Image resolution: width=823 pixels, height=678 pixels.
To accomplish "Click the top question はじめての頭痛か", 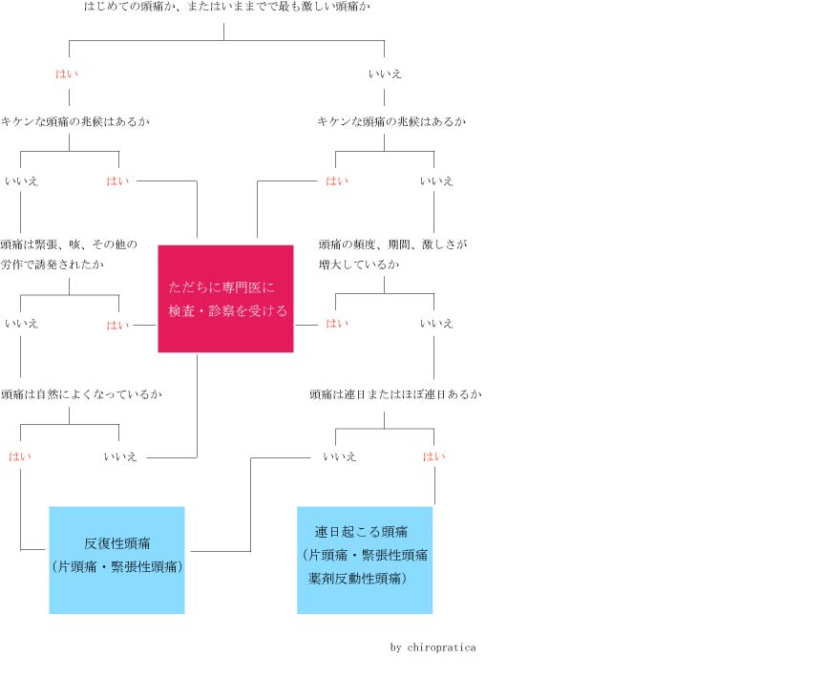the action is (x=227, y=7).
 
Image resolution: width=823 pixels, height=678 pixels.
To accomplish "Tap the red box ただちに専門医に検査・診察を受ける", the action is (x=225, y=299).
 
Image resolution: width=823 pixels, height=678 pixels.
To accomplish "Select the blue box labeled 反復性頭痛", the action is (x=116, y=560).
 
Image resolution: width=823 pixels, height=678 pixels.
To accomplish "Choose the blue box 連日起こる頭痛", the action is (x=365, y=560).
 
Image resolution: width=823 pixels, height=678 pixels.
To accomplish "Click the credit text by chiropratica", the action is (x=433, y=647).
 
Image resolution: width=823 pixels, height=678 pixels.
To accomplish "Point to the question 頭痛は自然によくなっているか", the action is (x=81, y=394).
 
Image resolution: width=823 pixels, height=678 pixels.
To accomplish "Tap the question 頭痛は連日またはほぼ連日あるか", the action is (x=396, y=394).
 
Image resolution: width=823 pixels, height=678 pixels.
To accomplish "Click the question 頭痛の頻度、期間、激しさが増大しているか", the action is (x=392, y=254).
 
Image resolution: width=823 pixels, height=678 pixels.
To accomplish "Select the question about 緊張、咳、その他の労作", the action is (x=69, y=254).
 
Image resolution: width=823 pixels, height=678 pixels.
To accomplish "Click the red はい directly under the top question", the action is (x=67, y=74).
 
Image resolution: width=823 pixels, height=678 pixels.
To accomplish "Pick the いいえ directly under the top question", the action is (x=385, y=74).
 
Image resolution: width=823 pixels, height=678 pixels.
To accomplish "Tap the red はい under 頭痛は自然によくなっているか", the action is (x=20, y=456).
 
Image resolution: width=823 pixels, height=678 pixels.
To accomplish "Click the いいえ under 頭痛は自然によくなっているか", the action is (x=120, y=456).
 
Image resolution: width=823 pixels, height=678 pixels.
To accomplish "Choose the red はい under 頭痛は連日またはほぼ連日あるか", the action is (x=434, y=456).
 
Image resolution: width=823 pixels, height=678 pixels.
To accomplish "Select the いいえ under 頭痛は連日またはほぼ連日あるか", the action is (x=340, y=456).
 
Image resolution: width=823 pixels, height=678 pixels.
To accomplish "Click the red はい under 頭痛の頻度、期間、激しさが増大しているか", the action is (x=337, y=324).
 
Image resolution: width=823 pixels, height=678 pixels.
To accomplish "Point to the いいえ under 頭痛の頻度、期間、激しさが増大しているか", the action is (x=436, y=324).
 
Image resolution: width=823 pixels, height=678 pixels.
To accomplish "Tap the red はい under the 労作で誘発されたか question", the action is (x=117, y=326).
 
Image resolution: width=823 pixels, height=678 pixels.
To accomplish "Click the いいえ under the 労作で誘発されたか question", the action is (x=22, y=324).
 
